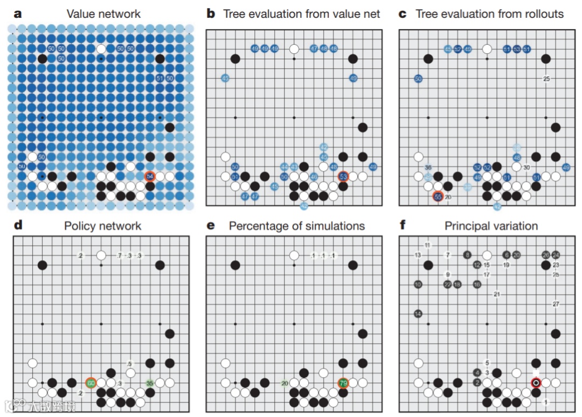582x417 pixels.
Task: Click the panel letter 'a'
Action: [x=18, y=13]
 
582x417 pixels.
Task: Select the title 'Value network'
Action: [x=103, y=14]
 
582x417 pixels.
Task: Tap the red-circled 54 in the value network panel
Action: [x=150, y=176]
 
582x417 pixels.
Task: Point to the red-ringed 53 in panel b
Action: [x=343, y=176]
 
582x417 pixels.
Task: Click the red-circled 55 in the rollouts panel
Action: [x=438, y=197]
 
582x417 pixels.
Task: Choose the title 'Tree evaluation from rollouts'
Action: [x=489, y=14]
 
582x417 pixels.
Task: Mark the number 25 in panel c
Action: [x=546, y=79]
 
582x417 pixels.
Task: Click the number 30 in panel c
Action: [x=526, y=167]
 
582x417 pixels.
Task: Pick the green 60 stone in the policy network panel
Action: [x=91, y=383]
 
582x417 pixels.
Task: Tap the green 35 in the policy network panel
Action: [x=150, y=383]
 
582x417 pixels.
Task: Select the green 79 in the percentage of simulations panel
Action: [x=343, y=383]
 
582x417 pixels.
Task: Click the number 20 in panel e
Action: [x=284, y=383]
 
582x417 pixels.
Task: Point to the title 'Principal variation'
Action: [x=491, y=226]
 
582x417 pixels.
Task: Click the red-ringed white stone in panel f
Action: [x=536, y=383]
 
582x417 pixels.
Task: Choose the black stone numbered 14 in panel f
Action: [x=418, y=314]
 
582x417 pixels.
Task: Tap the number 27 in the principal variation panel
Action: [x=556, y=304]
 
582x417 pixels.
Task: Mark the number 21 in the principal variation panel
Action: [x=496, y=294]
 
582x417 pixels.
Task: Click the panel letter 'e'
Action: [x=211, y=226]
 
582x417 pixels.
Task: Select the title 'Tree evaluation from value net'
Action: [x=302, y=14]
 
